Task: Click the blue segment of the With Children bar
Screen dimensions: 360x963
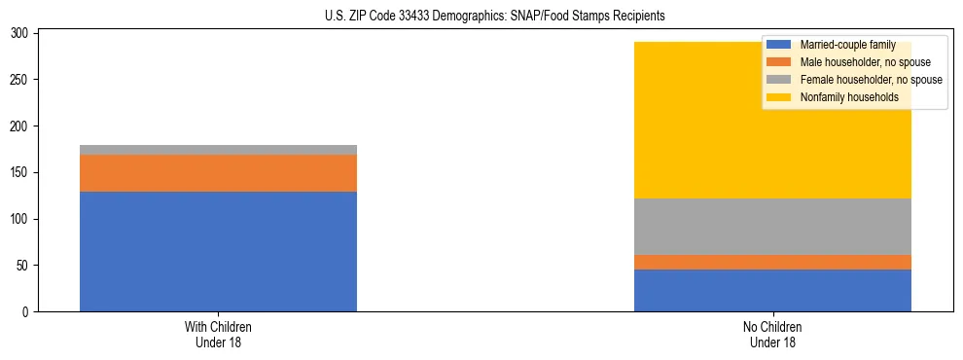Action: coord(218,251)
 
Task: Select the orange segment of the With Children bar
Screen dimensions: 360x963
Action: coord(218,173)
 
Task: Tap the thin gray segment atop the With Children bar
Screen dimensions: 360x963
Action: coord(218,150)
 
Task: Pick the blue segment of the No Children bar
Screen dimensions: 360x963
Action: coord(772,290)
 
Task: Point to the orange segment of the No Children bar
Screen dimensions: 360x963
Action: coord(772,262)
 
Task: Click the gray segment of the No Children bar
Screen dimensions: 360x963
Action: coord(772,227)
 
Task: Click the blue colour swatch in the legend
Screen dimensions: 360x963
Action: coord(778,45)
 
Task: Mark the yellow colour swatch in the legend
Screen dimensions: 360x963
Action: coord(778,97)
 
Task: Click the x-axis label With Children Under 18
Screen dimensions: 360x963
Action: coord(218,334)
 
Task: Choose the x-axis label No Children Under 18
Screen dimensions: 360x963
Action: coord(772,334)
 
